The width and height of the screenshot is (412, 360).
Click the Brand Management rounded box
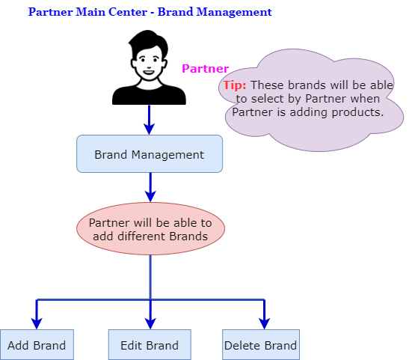[150, 154]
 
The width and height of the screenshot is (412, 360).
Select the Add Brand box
[37, 345]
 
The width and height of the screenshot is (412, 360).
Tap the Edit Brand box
[150, 345]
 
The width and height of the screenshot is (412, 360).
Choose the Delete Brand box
[261, 345]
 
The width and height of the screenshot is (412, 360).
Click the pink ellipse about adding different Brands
[150, 228]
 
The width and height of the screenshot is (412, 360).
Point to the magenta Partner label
[205, 69]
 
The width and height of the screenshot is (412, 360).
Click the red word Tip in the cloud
[235, 85]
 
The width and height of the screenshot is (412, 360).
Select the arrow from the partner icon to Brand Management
[150, 120]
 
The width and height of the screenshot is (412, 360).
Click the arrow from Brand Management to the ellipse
[150, 187]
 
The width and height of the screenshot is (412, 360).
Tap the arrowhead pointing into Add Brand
[37, 323]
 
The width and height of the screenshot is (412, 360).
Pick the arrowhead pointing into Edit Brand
[150, 323]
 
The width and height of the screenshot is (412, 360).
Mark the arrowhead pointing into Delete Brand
[265, 323]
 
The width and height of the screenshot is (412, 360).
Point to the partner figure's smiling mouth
[149, 72]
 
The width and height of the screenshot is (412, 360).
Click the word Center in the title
[128, 12]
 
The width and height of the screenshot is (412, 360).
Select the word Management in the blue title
[234, 12]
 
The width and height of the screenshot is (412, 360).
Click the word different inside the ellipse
[141, 237]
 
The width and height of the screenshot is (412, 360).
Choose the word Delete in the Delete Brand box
[242, 345]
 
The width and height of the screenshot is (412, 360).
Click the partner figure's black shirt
[149, 95]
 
